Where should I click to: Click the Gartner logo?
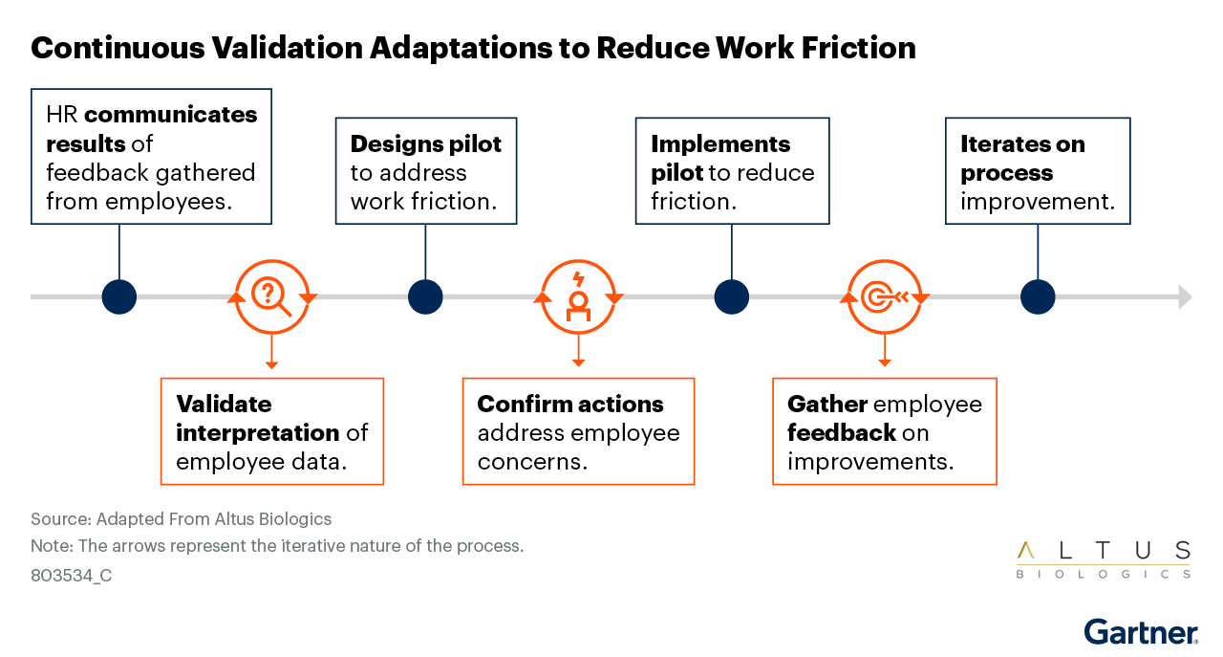tap(1141, 632)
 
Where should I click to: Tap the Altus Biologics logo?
tap(1104, 559)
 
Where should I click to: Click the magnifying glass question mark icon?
tap(270, 296)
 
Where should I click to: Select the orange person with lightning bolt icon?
tap(578, 296)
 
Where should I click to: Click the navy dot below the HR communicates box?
tap(119, 296)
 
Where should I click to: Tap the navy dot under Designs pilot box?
tap(425, 296)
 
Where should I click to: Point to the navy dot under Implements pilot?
tap(732, 296)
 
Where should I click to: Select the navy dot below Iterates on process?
tap(1038, 296)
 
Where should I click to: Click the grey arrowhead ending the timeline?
tap(1186, 296)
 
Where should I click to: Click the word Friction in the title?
tap(858, 48)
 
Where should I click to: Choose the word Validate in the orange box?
tap(224, 404)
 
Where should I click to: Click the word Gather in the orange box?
tap(827, 404)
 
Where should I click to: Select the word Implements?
tap(720, 144)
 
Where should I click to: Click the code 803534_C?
tap(71, 576)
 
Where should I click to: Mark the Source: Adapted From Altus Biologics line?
tap(181, 518)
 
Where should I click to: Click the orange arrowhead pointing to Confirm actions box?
tap(579, 362)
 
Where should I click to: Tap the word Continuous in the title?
tap(118, 48)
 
